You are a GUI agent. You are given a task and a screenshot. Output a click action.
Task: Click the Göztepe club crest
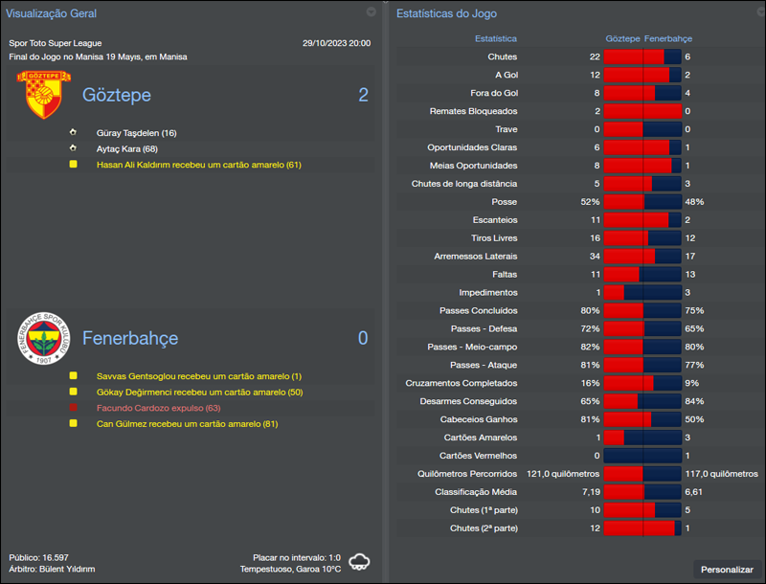click(38, 94)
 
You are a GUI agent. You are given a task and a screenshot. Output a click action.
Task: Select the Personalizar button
click(727, 569)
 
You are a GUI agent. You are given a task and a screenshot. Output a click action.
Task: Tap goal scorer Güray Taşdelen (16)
click(136, 133)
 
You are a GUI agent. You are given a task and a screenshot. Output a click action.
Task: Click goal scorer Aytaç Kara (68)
click(127, 148)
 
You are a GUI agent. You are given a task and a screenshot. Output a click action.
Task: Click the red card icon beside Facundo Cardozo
click(73, 408)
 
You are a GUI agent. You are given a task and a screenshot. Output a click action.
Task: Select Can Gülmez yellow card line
click(187, 423)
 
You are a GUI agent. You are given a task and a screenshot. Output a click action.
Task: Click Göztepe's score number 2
click(363, 95)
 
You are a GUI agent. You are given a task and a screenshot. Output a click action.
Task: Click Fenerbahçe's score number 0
click(363, 338)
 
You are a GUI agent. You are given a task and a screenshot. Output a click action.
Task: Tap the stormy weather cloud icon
click(360, 562)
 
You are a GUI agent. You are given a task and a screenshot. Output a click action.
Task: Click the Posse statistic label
click(504, 202)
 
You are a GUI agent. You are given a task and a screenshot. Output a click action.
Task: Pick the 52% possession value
click(589, 202)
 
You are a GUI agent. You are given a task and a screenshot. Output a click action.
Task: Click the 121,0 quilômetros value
click(563, 474)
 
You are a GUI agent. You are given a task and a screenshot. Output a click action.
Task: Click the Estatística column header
click(496, 39)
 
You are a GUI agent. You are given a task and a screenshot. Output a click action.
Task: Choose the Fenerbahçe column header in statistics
click(667, 39)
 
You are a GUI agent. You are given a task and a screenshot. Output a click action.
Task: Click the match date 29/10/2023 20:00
click(336, 43)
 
